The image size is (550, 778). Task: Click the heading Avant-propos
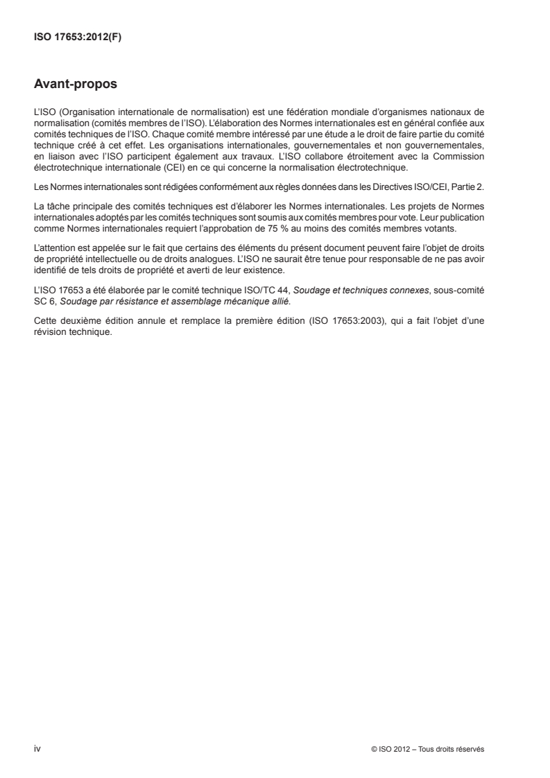point(75,86)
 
